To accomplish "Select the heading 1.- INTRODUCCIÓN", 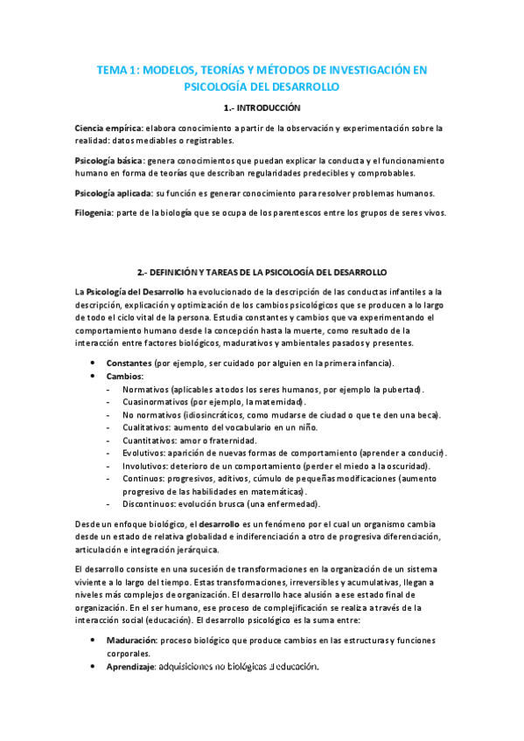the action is (x=262, y=108).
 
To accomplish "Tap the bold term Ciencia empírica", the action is (x=108, y=128).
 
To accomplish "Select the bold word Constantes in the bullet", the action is (x=129, y=363).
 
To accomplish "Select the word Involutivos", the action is (x=145, y=466).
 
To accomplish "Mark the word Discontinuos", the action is (x=150, y=504).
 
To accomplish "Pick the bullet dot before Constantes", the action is (x=94, y=363).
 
